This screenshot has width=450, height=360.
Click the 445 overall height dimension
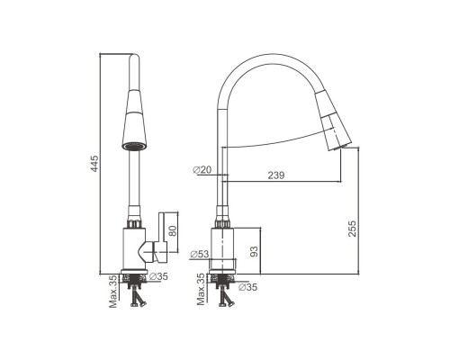tap(94, 164)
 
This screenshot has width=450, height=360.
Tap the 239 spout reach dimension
tap(276, 175)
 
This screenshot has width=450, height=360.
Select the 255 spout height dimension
tap(353, 229)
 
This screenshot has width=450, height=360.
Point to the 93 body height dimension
tap(254, 251)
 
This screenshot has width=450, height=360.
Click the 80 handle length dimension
tap(173, 230)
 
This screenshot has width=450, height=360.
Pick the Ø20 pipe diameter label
tap(202, 170)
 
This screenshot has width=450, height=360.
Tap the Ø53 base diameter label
tap(200, 255)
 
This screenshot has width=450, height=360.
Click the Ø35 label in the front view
tap(158, 276)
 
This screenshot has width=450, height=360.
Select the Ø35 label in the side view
tap(247, 287)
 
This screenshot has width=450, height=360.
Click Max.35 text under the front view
tap(113, 292)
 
